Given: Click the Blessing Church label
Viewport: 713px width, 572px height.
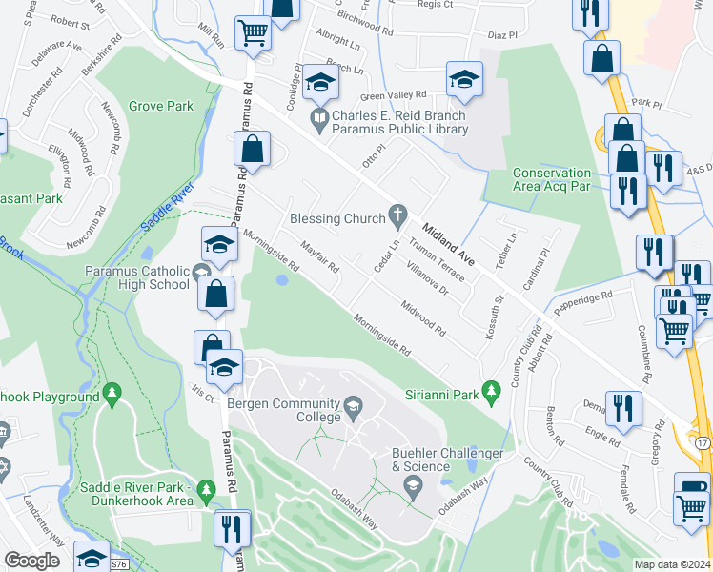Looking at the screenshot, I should pos(337,219).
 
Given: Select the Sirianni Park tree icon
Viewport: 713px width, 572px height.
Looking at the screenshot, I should pos(491,390).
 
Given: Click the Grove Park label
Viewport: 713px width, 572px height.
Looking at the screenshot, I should pos(161,106).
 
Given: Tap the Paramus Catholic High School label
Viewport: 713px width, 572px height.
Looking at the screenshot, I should pos(136,277).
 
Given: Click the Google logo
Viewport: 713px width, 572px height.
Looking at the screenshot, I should pos(31,561).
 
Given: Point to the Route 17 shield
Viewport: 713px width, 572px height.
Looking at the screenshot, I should pos(702,444).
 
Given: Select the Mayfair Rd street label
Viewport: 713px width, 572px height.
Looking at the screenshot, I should pos(320,255).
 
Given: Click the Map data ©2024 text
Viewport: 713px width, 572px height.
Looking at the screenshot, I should pos(672,564).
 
